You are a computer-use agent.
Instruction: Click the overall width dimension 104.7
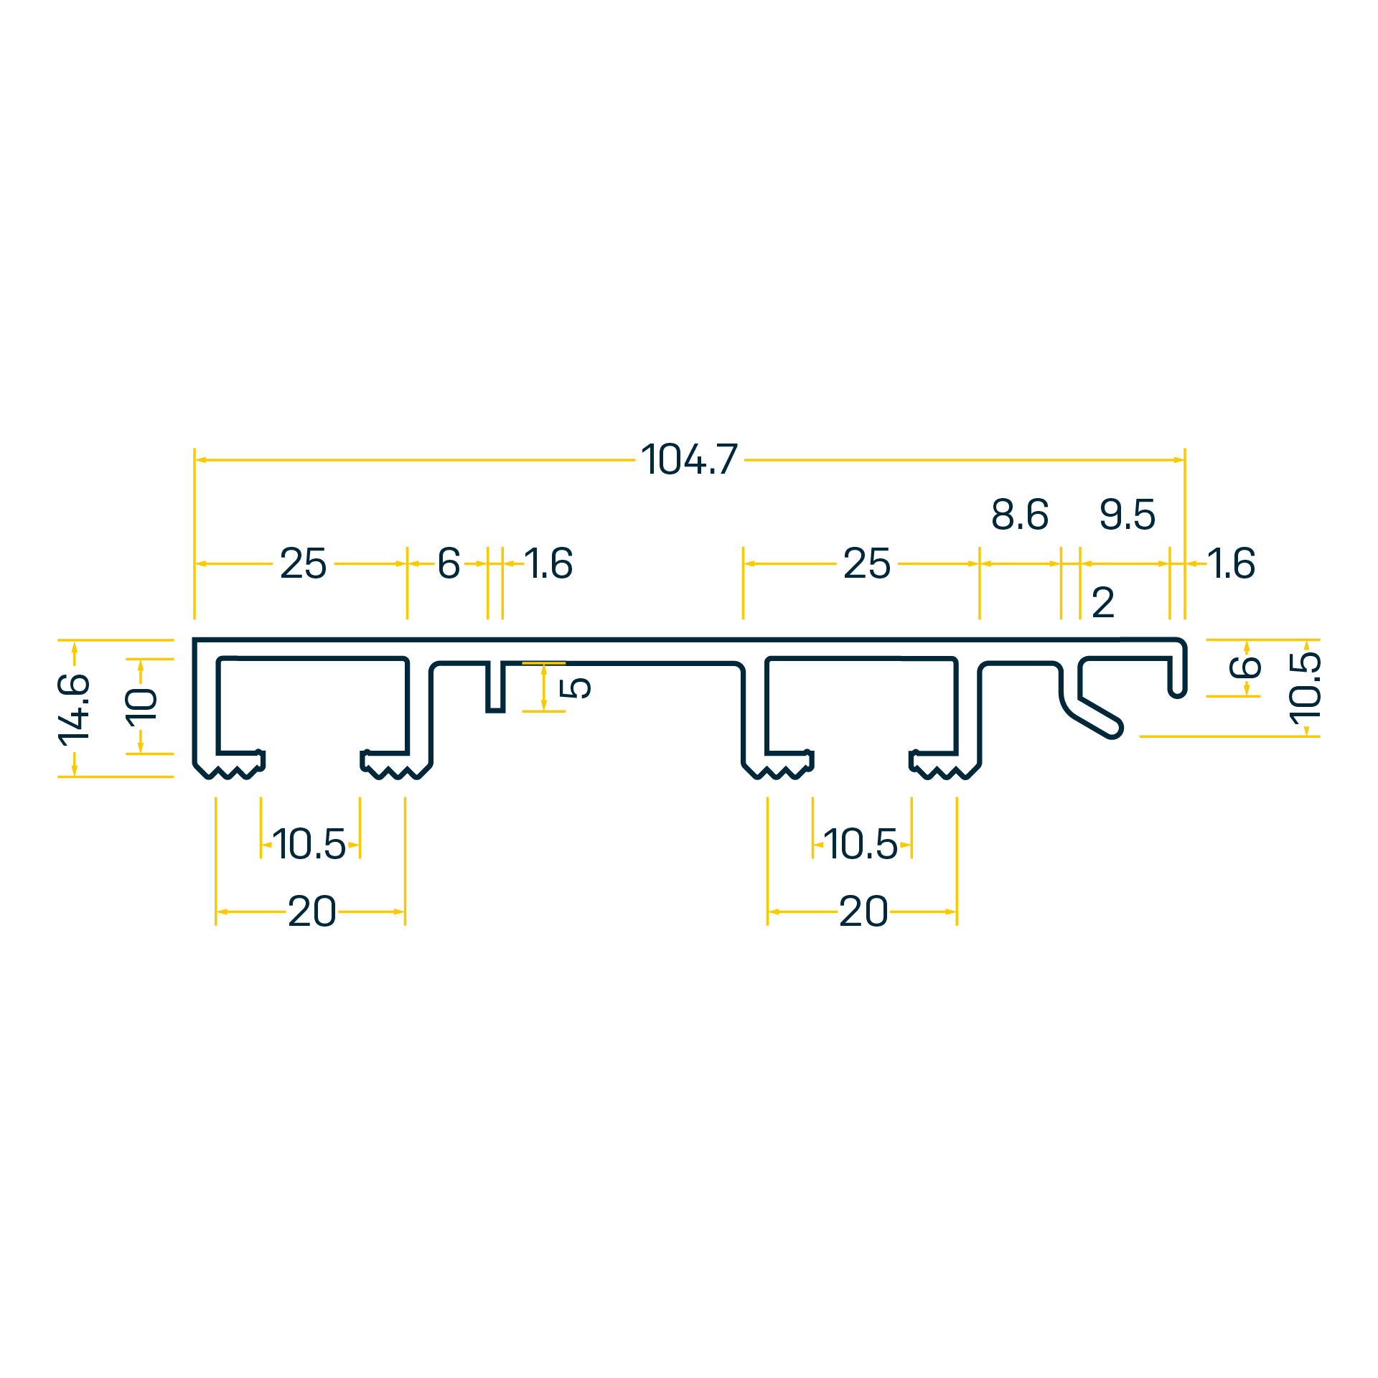[x=689, y=459]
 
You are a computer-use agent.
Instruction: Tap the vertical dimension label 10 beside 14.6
[x=141, y=707]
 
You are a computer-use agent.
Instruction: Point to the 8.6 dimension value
[x=1020, y=515]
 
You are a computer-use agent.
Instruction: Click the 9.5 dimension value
[x=1128, y=515]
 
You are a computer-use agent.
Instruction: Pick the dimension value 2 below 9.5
[x=1103, y=603]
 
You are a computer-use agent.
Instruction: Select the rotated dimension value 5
[x=575, y=688]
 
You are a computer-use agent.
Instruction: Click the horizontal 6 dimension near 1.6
[x=449, y=563]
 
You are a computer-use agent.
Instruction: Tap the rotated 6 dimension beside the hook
[x=1245, y=667]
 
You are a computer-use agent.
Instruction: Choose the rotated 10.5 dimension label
[x=1306, y=688]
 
